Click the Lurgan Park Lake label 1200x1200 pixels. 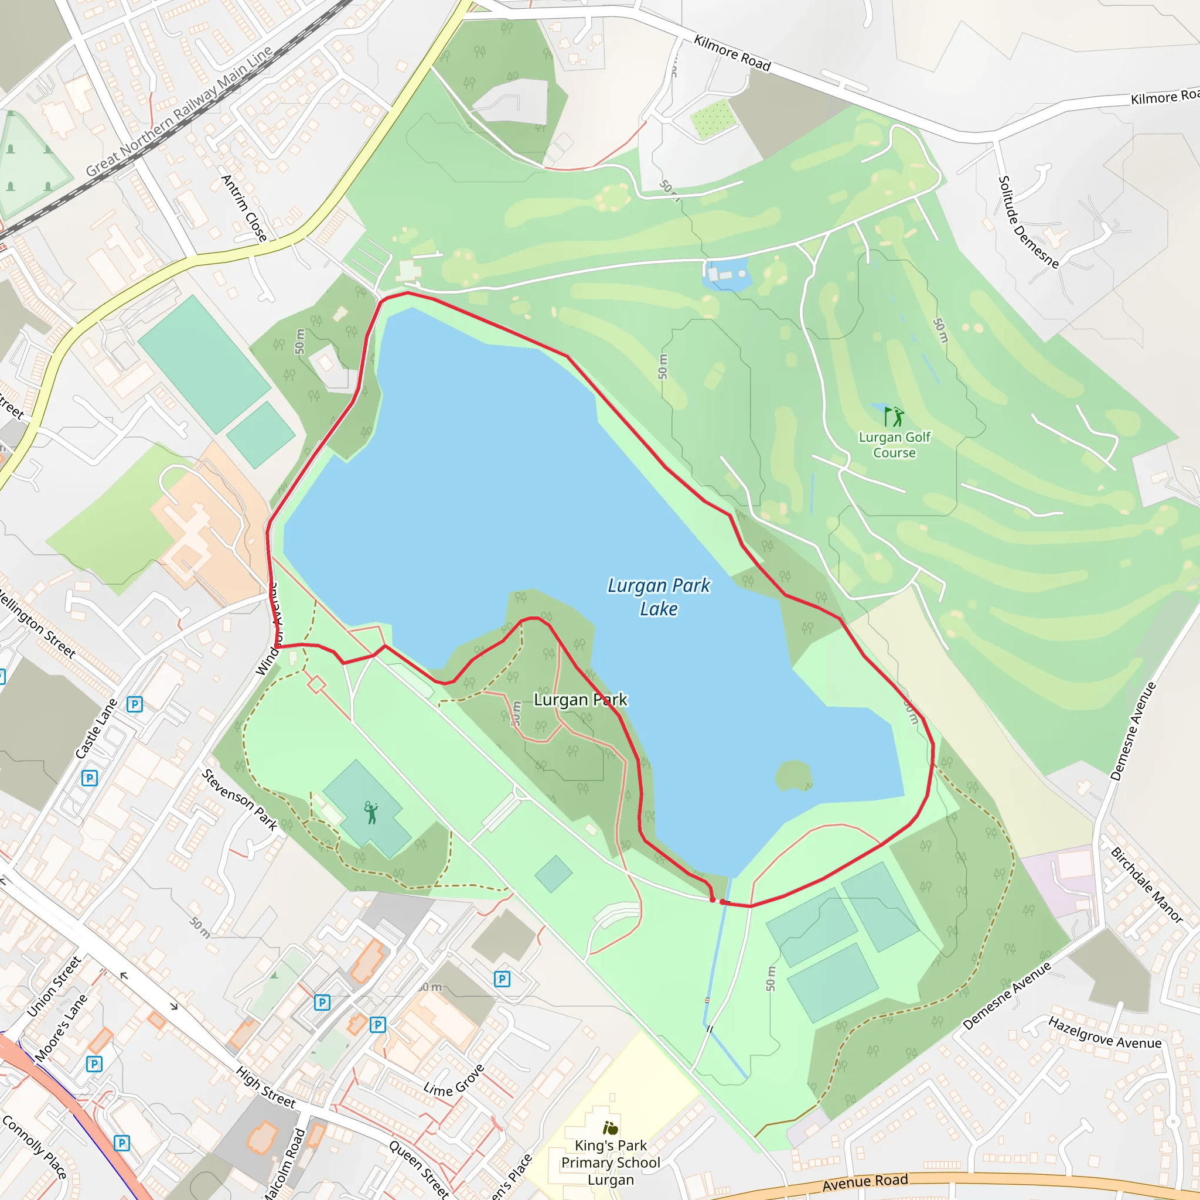pos(659,597)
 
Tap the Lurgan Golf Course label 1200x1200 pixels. pos(894,445)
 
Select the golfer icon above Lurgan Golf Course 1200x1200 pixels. pos(894,416)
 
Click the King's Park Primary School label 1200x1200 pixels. pos(611,1162)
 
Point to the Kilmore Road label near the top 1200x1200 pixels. pos(732,53)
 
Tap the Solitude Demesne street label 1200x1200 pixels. pos(1028,221)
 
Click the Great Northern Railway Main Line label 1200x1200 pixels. pos(179,111)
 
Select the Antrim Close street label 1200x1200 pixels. pos(244,208)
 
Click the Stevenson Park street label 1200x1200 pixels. pos(239,799)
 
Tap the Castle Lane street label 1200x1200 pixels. pos(96,728)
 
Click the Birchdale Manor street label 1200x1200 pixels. pos(1147,884)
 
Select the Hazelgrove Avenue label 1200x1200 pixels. pos(1104,1033)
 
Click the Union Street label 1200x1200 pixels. pos(54,987)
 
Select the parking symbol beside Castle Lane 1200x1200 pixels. pos(135,704)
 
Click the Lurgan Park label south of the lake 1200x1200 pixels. pos(580,700)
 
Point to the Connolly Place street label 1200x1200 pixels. pos(34,1147)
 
